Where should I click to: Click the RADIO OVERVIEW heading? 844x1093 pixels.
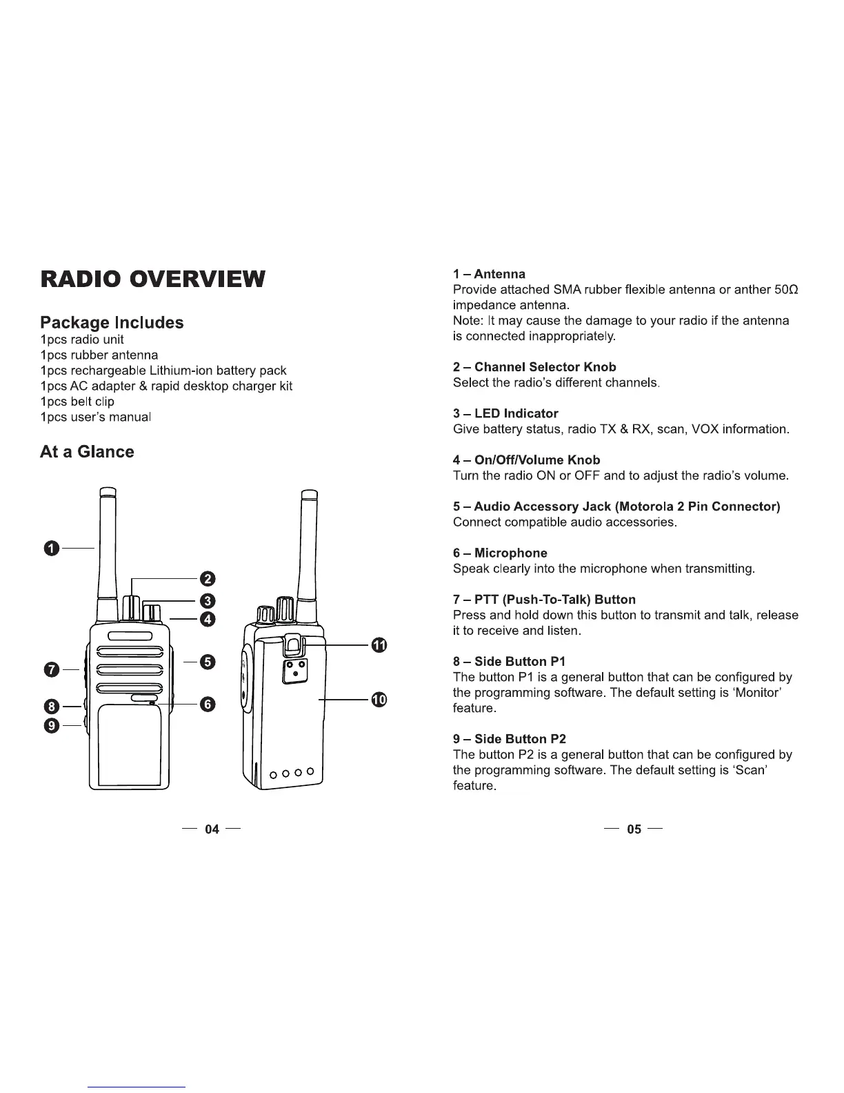pos(152,279)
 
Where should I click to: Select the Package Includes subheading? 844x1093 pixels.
pos(112,322)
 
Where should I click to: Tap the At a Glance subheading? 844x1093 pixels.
pos(87,452)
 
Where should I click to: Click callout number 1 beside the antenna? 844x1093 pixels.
pos(50,549)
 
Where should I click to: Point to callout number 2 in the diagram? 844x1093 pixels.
pos(208,578)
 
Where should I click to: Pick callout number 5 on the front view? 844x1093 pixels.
pos(208,662)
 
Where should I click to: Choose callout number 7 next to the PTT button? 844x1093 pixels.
pos(50,669)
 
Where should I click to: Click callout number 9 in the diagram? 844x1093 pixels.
pos(50,725)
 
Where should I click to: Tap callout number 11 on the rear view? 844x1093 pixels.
pos(379,645)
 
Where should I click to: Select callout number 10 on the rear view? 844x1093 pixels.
pos(379,700)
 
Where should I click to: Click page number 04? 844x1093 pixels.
pos(212,829)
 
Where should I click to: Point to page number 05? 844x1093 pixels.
pos(633,829)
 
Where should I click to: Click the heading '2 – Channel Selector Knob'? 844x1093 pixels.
pos(534,367)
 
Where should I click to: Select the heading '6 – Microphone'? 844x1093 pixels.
pos(500,553)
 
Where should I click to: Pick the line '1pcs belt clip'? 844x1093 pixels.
pos(77,402)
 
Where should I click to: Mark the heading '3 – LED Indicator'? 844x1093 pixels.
pos(505,413)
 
